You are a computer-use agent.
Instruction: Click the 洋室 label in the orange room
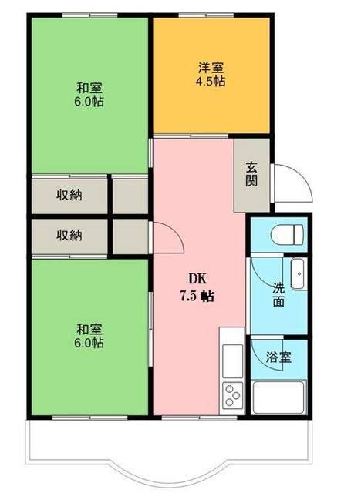click(x=209, y=67)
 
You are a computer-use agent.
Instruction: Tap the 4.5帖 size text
click(x=209, y=81)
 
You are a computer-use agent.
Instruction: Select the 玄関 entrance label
click(x=252, y=174)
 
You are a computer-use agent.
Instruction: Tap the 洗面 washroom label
click(x=278, y=295)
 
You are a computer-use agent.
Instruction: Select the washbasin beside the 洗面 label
click(x=298, y=274)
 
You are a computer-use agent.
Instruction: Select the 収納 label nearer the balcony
click(x=69, y=235)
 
